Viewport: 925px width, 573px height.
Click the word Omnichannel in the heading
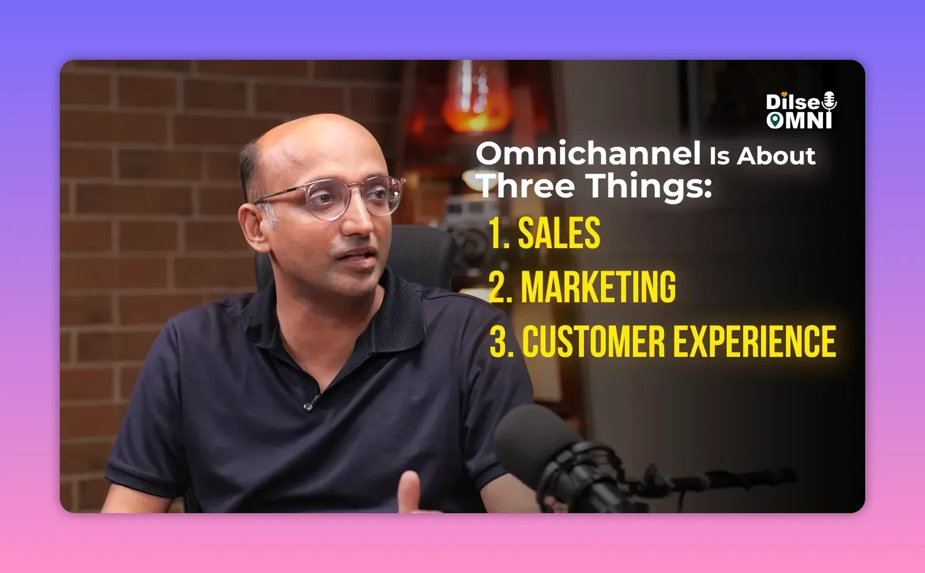(x=588, y=153)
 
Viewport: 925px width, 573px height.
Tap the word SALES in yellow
(x=559, y=233)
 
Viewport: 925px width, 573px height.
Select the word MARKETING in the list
(x=598, y=287)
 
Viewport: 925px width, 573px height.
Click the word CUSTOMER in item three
(x=594, y=341)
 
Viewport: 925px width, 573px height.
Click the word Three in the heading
(x=526, y=186)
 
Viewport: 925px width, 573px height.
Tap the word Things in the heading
(x=649, y=188)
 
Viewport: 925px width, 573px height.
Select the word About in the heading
(x=776, y=156)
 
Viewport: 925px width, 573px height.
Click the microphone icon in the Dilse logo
(x=829, y=102)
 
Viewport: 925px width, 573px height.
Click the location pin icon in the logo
(x=775, y=120)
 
